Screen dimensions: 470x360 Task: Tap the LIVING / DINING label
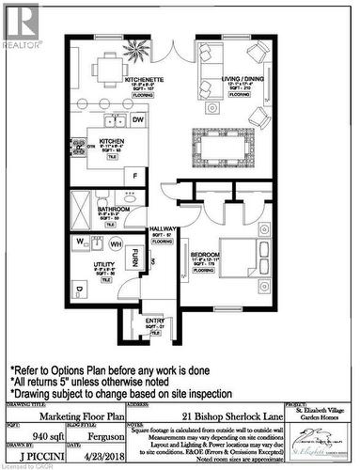[229, 80]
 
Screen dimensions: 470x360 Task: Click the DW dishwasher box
[137, 120]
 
